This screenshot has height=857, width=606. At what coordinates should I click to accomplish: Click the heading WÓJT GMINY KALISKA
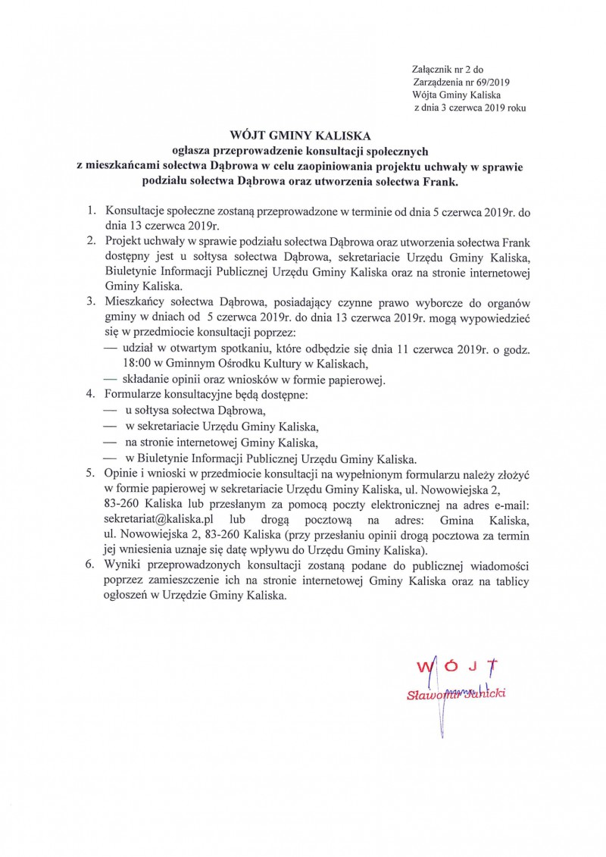[303, 136]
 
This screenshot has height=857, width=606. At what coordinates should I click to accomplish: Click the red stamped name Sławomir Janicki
[456, 694]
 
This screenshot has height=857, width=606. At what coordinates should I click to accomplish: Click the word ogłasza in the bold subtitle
[195, 152]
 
